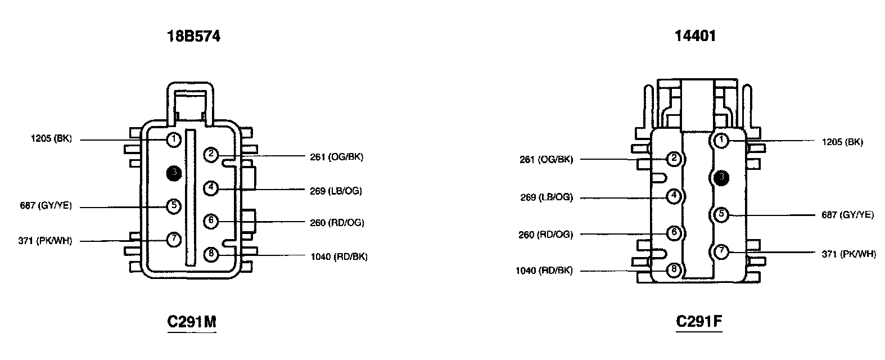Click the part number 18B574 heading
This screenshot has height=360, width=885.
point(193,37)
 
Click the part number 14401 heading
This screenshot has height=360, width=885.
point(695,36)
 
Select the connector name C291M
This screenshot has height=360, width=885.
point(192,322)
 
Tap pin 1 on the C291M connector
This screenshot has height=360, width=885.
point(174,139)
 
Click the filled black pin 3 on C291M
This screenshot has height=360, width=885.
point(174,173)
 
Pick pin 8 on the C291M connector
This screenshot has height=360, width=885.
point(211,254)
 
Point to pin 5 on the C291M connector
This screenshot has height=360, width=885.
point(174,206)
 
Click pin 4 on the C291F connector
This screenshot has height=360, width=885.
point(673,196)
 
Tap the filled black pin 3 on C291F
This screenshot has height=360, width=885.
point(721,178)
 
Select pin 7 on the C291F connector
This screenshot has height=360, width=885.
point(721,251)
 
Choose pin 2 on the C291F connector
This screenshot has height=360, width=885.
point(673,159)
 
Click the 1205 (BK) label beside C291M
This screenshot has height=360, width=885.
point(51,139)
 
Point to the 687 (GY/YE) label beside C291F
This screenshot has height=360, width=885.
point(848,214)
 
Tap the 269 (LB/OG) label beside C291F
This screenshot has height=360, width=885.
point(547,197)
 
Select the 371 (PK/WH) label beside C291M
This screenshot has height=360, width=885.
point(45,241)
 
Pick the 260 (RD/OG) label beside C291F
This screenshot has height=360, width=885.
point(545,235)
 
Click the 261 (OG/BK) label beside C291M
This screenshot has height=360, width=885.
point(336,157)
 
